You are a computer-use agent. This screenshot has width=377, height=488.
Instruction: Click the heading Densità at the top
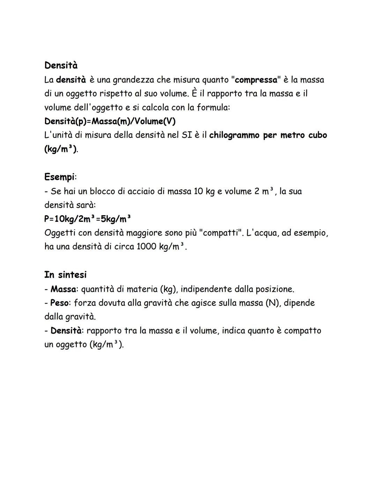tap(61, 65)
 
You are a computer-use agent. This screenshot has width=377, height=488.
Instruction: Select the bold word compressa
tap(256, 80)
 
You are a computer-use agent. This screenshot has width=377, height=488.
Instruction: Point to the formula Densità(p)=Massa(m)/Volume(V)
tap(110, 121)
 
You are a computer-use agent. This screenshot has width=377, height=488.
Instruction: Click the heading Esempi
tap(59, 177)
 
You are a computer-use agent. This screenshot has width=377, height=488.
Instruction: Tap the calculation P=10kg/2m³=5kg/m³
tap(88, 219)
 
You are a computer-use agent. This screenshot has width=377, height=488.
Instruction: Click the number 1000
tap(146, 247)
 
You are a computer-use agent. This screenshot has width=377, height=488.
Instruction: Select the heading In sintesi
tap(65, 275)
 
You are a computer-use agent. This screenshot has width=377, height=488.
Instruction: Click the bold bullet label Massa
tap(63, 289)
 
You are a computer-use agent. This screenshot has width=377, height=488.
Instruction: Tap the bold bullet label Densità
tap(66, 330)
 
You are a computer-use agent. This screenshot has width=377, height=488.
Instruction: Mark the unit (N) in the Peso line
tap(272, 303)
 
